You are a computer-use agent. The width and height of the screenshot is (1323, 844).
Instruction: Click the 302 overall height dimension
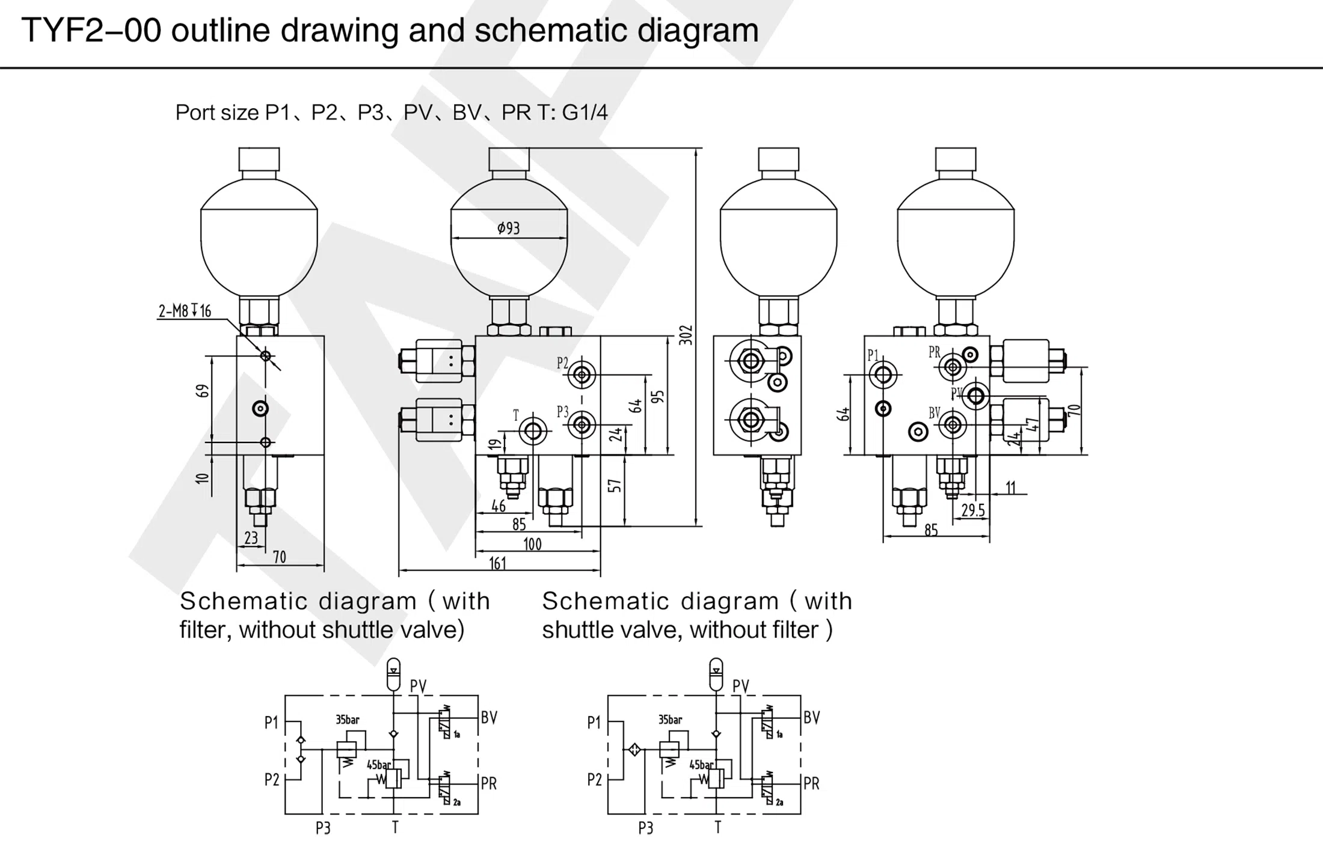(686, 335)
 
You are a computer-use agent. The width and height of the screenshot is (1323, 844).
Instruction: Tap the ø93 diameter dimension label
(508, 228)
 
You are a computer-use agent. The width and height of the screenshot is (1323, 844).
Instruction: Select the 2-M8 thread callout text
(185, 311)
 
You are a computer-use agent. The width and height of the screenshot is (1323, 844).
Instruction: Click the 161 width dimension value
(498, 563)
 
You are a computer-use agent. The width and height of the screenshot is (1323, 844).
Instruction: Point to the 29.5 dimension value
(973, 510)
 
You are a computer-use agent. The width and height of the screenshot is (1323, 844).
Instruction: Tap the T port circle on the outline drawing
(533, 430)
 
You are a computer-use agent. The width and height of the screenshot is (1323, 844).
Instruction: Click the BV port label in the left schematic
(489, 718)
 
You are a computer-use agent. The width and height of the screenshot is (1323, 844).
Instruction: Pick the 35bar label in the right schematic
(670, 720)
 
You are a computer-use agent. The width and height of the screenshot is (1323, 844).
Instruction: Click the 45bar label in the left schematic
(379, 765)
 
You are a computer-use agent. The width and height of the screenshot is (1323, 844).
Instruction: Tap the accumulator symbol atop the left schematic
(393, 674)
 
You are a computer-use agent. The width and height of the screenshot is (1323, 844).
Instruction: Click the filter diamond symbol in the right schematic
(634, 750)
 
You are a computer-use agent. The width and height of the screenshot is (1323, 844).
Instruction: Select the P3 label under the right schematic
(645, 828)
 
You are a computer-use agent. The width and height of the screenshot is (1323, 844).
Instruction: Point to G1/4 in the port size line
(584, 112)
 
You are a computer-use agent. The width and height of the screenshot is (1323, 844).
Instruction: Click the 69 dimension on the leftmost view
(204, 391)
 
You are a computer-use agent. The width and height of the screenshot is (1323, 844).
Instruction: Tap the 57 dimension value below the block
(615, 486)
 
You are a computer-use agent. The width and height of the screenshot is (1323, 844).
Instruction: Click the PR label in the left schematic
(489, 783)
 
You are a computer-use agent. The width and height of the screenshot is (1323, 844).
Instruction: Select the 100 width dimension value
(532, 545)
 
